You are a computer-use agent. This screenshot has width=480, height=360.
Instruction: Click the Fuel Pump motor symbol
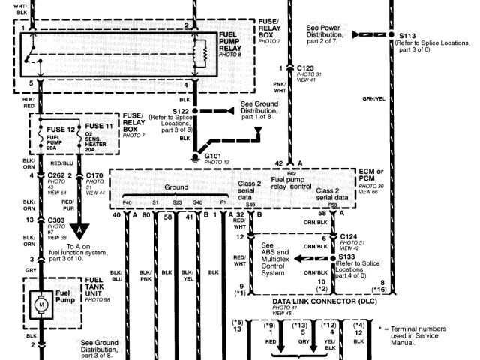pyautogui.click(x=41, y=307)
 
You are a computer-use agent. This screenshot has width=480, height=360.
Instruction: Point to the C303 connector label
pyautogui.click(x=55, y=220)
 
